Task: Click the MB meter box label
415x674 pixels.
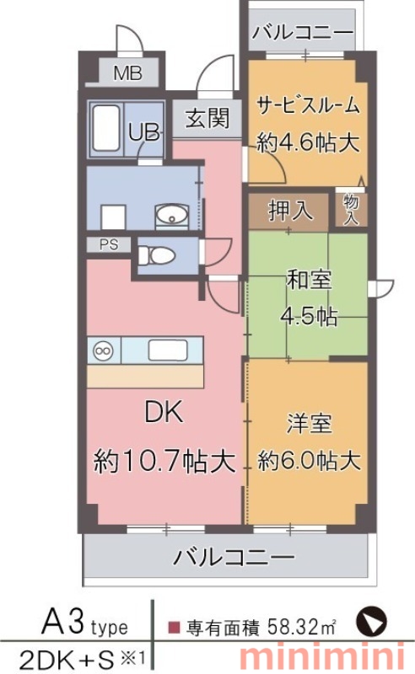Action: (x=128, y=73)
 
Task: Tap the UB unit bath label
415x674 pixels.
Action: (x=143, y=132)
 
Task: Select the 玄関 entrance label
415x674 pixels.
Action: (x=207, y=118)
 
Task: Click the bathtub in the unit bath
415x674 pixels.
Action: (x=106, y=128)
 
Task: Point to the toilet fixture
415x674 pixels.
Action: (x=156, y=256)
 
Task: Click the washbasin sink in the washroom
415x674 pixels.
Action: (x=171, y=214)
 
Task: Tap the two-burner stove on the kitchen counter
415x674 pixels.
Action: (x=104, y=350)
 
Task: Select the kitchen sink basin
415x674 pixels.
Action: (x=168, y=350)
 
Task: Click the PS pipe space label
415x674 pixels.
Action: (x=109, y=244)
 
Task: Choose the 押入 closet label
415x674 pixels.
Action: (x=291, y=211)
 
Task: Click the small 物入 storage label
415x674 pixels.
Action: (x=351, y=209)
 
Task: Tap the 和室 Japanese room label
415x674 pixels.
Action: (x=309, y=280)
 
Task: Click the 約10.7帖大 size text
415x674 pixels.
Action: (x=164, y=461)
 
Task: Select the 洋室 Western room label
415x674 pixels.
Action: (x=309, y=424)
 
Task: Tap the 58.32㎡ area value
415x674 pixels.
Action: (x=301, y=627)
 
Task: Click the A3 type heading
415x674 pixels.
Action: (x=84, y=623)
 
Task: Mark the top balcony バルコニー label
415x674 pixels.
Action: (x=303, y=33)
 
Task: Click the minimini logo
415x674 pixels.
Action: (x=322, y=658)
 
